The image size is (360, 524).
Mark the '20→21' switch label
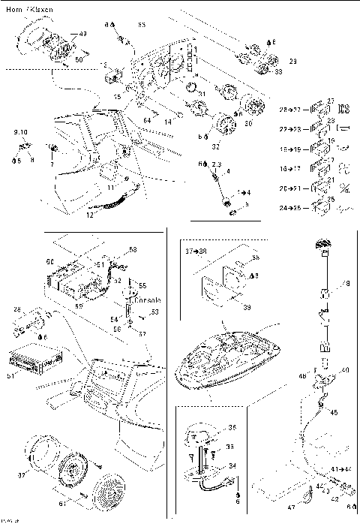[x=291, y=185]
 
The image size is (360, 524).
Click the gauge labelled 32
[x=222, y=122]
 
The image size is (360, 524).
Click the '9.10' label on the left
[x=20, y=132]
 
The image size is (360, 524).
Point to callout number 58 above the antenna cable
[x=133, y=249]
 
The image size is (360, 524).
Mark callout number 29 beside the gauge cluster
[x=292, y=61]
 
